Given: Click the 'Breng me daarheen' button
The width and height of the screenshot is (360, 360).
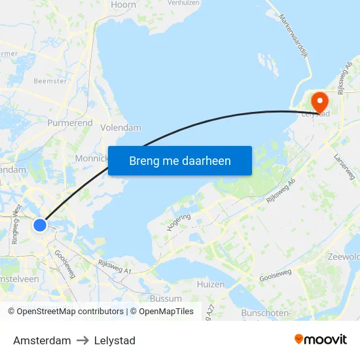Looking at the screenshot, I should tap(180, 160).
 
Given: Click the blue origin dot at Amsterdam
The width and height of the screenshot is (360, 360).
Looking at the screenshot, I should tap(40, 225).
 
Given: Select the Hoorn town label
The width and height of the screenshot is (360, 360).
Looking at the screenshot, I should tap(124, 5).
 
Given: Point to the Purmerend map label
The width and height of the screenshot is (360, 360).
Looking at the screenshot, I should tap(70, 122).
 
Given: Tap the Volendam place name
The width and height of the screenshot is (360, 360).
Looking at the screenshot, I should tap(121, 128).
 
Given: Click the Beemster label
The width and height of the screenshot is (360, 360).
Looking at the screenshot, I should tap(50, 81).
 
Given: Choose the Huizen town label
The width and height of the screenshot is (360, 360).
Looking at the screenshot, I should tap(211, 284).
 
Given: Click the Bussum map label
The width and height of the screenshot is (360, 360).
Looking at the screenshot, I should tap(166, 298).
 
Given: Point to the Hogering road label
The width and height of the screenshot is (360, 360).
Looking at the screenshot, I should tap(179, 223).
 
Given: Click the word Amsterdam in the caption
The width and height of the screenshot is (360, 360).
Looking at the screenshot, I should tap(42, 340).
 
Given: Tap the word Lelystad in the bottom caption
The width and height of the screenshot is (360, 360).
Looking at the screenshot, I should tap(115, 340).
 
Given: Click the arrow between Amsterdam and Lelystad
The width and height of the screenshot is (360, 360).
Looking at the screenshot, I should tap(82, 340).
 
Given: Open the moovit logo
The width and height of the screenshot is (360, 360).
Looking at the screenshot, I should tap(321, 339).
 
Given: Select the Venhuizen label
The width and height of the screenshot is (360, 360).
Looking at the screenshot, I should tap(183, 3).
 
